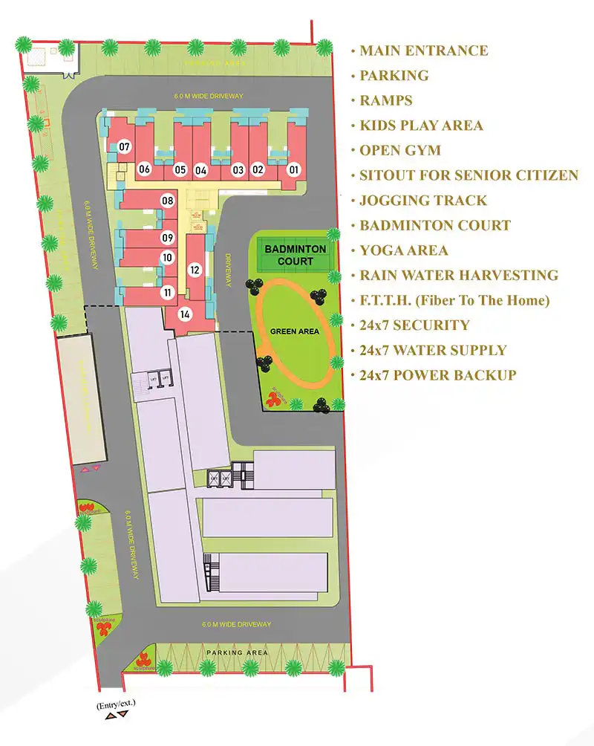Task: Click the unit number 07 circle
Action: (x=124, y=147)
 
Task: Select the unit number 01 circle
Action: (x=293, y=169)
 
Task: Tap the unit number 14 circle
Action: (x=185, y=314)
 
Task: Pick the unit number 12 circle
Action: (x=195, y=270)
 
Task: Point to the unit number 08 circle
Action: (x=168, y=201)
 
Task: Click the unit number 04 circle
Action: (x=200, y=169)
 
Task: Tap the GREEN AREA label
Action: (x=295, y=332)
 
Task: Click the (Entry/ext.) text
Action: (x=116, y=702)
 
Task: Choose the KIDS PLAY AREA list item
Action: (x=421, y=126)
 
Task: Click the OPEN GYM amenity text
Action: (x=400, y=151)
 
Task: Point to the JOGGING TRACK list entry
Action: (x=423, y=201)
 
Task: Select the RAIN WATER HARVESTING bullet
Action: (x=458, y=276)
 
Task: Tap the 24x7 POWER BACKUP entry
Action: (x=437, y=375)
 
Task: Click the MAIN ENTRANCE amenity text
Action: (x=423, y=51)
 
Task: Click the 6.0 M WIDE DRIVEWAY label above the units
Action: (x=209, y=97)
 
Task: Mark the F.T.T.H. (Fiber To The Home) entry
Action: (x=454, y=301)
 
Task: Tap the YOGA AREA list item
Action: (x=404, y=250)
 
